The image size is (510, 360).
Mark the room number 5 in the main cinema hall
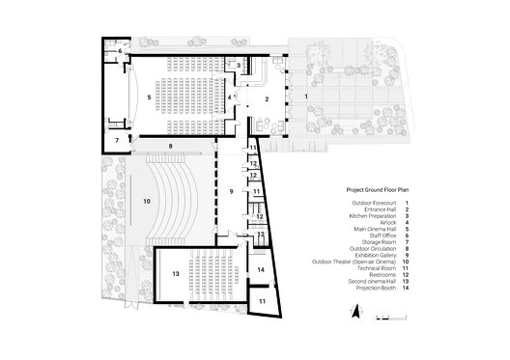[148, 97]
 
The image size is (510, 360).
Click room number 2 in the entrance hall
[266, 98]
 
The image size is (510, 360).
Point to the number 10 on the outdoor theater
[146, 201]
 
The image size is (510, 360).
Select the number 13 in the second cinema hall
[176, 274]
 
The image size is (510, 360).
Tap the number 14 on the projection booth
[261, 270]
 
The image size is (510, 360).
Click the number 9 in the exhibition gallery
[231, 192]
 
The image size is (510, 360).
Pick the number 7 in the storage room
[117, 140]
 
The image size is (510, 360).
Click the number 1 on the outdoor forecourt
[306, 97]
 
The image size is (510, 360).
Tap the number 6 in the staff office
[120, 50]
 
